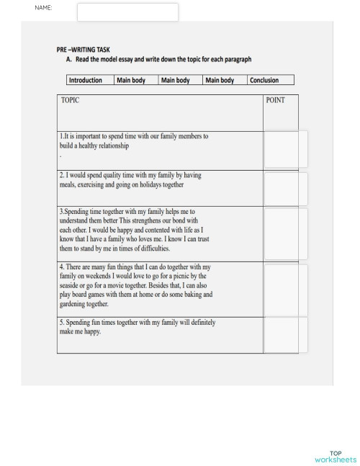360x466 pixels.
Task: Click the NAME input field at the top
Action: point(127,12)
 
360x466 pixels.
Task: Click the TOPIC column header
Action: point(71,100)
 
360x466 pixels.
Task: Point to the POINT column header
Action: point(276,100)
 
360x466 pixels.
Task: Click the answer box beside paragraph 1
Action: point(285,150)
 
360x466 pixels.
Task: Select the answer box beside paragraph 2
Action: point(285,188)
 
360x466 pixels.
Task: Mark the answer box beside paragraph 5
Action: point(285,334)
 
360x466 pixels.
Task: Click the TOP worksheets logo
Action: point(335,457)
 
